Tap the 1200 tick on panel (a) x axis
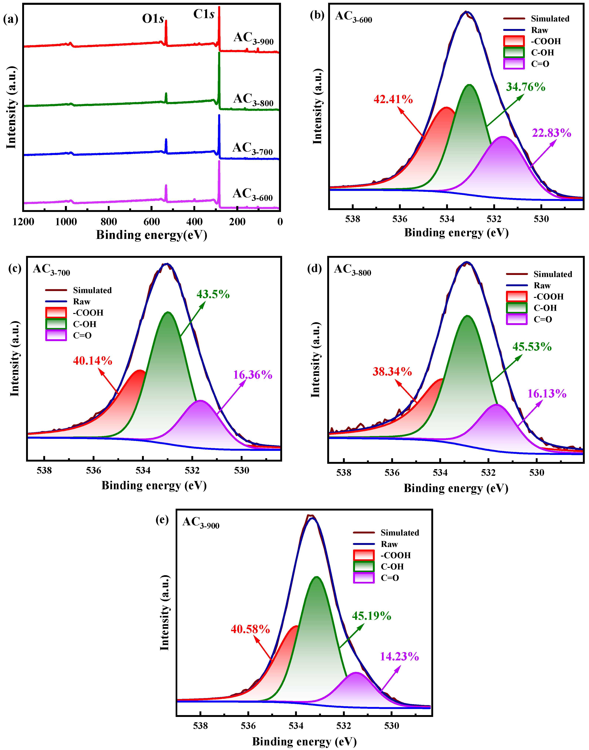click(23, 222)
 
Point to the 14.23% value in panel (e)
click(399, 657)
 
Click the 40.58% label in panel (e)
click(250, 629)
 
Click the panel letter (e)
click(162, 520)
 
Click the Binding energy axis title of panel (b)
click(456, 233)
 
